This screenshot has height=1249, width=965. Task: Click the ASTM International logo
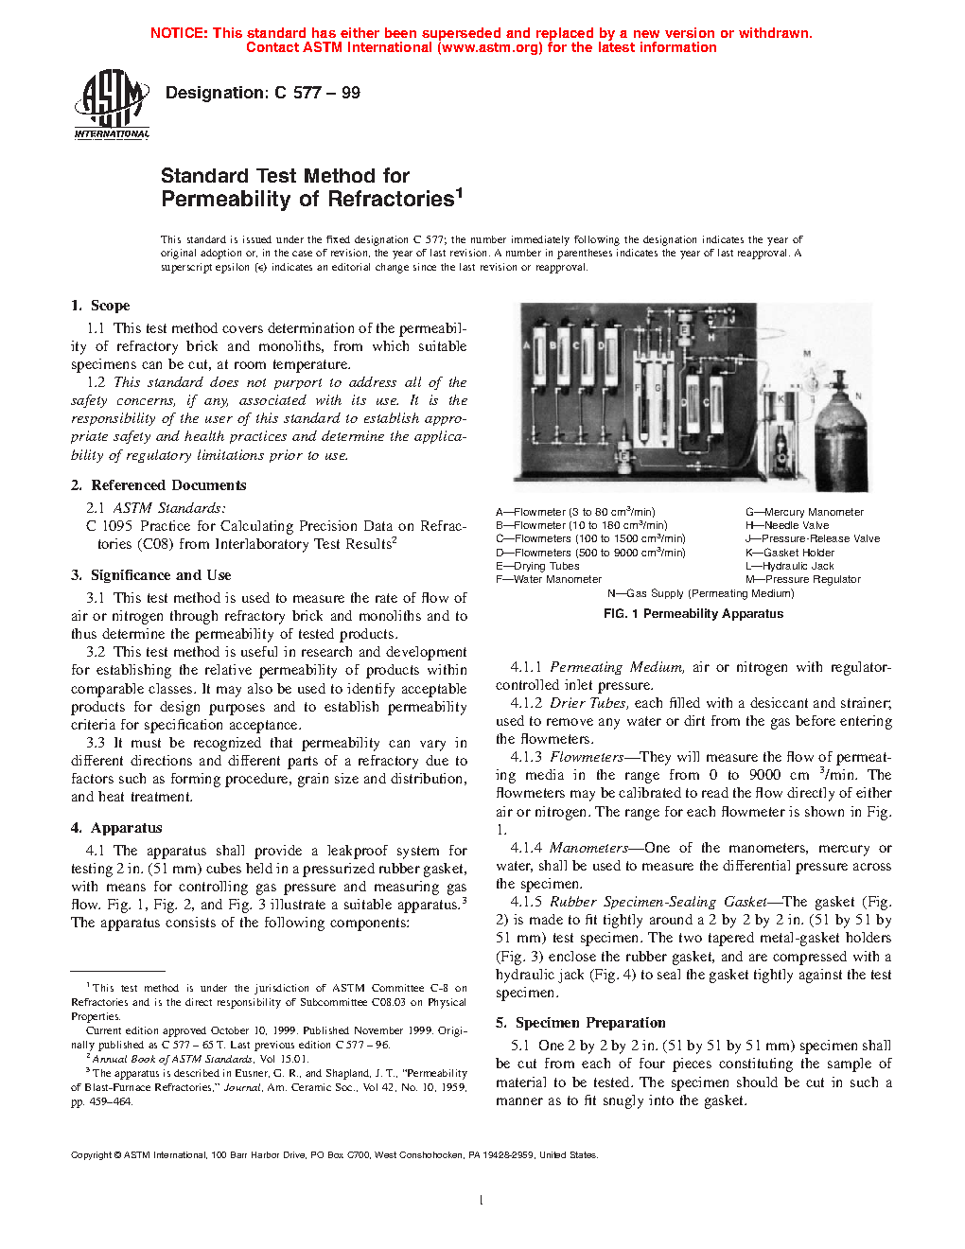click(112, 104)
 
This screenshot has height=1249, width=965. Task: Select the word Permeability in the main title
click(225, 200)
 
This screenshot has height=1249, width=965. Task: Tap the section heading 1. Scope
click(100, 306)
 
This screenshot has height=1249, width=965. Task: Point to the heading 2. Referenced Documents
click(159, 485)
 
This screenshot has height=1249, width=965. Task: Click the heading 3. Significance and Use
click(151, 575)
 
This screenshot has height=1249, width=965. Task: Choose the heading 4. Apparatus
click(117, 828)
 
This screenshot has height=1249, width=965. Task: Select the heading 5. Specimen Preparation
click(581, 1023)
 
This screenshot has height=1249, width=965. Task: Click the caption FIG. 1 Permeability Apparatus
click(693, 614)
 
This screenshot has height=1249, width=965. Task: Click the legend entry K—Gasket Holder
click(790, 553)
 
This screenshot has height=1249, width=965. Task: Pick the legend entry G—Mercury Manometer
click(804, 512)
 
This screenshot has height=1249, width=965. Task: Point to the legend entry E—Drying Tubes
click(537, 566)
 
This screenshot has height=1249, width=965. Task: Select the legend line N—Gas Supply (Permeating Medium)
click(700, 593)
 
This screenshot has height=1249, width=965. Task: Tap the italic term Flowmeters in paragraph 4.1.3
click(587, 757)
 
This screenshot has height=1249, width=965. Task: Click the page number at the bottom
click(482, 1201)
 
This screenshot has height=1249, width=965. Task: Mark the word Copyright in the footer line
click(92, 1154)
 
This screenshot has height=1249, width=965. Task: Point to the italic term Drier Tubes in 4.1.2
click(588, 703)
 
